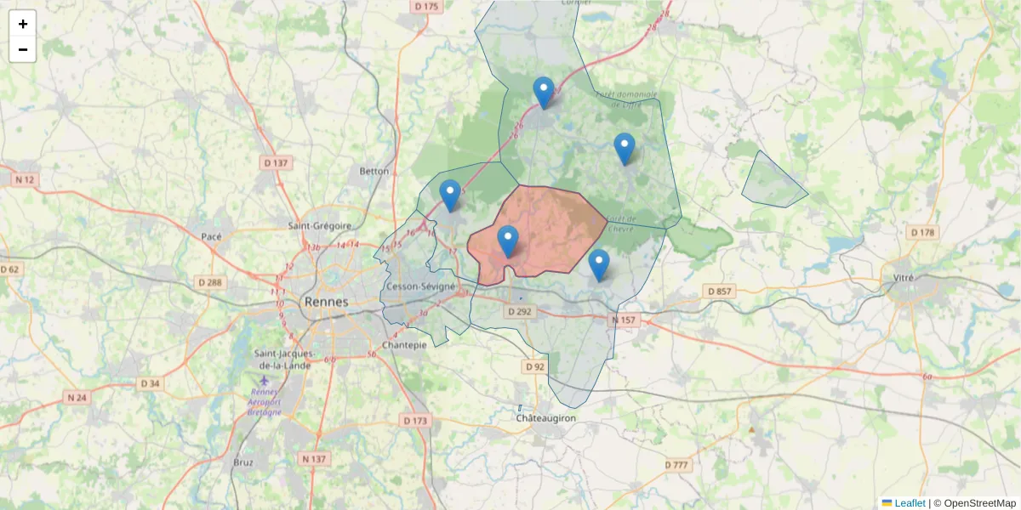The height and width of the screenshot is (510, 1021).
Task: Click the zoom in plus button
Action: (x=23, y=24)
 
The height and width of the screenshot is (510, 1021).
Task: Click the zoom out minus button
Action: (x=23, y=49)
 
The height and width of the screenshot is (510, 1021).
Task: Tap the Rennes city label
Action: (x=326, y=302)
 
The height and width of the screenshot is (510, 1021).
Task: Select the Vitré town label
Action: (x=910, y=278)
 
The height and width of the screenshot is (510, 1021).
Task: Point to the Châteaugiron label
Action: (x=546, y=419)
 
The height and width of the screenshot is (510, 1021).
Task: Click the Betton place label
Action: (x=374, y=171)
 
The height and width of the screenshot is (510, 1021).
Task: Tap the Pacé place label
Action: (x=211, y=236)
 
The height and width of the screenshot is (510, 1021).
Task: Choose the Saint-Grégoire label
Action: (x=320, y=226)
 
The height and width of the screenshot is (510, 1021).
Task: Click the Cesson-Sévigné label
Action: (x=420, y=286)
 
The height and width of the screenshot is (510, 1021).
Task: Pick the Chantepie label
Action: (x=404, y=345)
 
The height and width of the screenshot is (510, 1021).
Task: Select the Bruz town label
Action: (x=242, y=462)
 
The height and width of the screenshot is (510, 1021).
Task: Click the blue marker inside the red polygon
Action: (x=508, y=241)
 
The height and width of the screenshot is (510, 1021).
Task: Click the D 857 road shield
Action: (x=719, y=292)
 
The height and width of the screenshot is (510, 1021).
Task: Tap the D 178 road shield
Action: (x=922, y=232)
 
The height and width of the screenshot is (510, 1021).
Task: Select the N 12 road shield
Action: (x=25, y=179)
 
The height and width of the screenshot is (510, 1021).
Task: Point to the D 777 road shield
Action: (x=677, y=465)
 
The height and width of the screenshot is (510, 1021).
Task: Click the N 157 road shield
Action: (x=624, y=320)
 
